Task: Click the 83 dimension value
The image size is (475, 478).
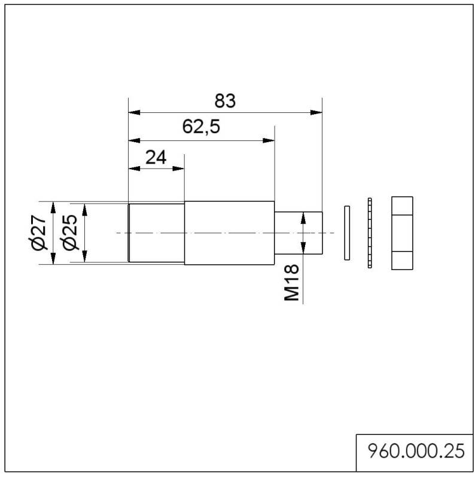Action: pos(225,101)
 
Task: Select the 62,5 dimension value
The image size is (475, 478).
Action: pos(202,127)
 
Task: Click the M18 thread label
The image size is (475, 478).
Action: pos(291,284)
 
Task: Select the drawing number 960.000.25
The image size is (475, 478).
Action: pos(415,451)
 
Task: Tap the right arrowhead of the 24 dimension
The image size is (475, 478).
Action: pos(179,169)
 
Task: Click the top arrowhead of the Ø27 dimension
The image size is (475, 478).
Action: pos(53,207)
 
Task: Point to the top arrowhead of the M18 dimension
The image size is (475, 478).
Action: pos(303,216)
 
